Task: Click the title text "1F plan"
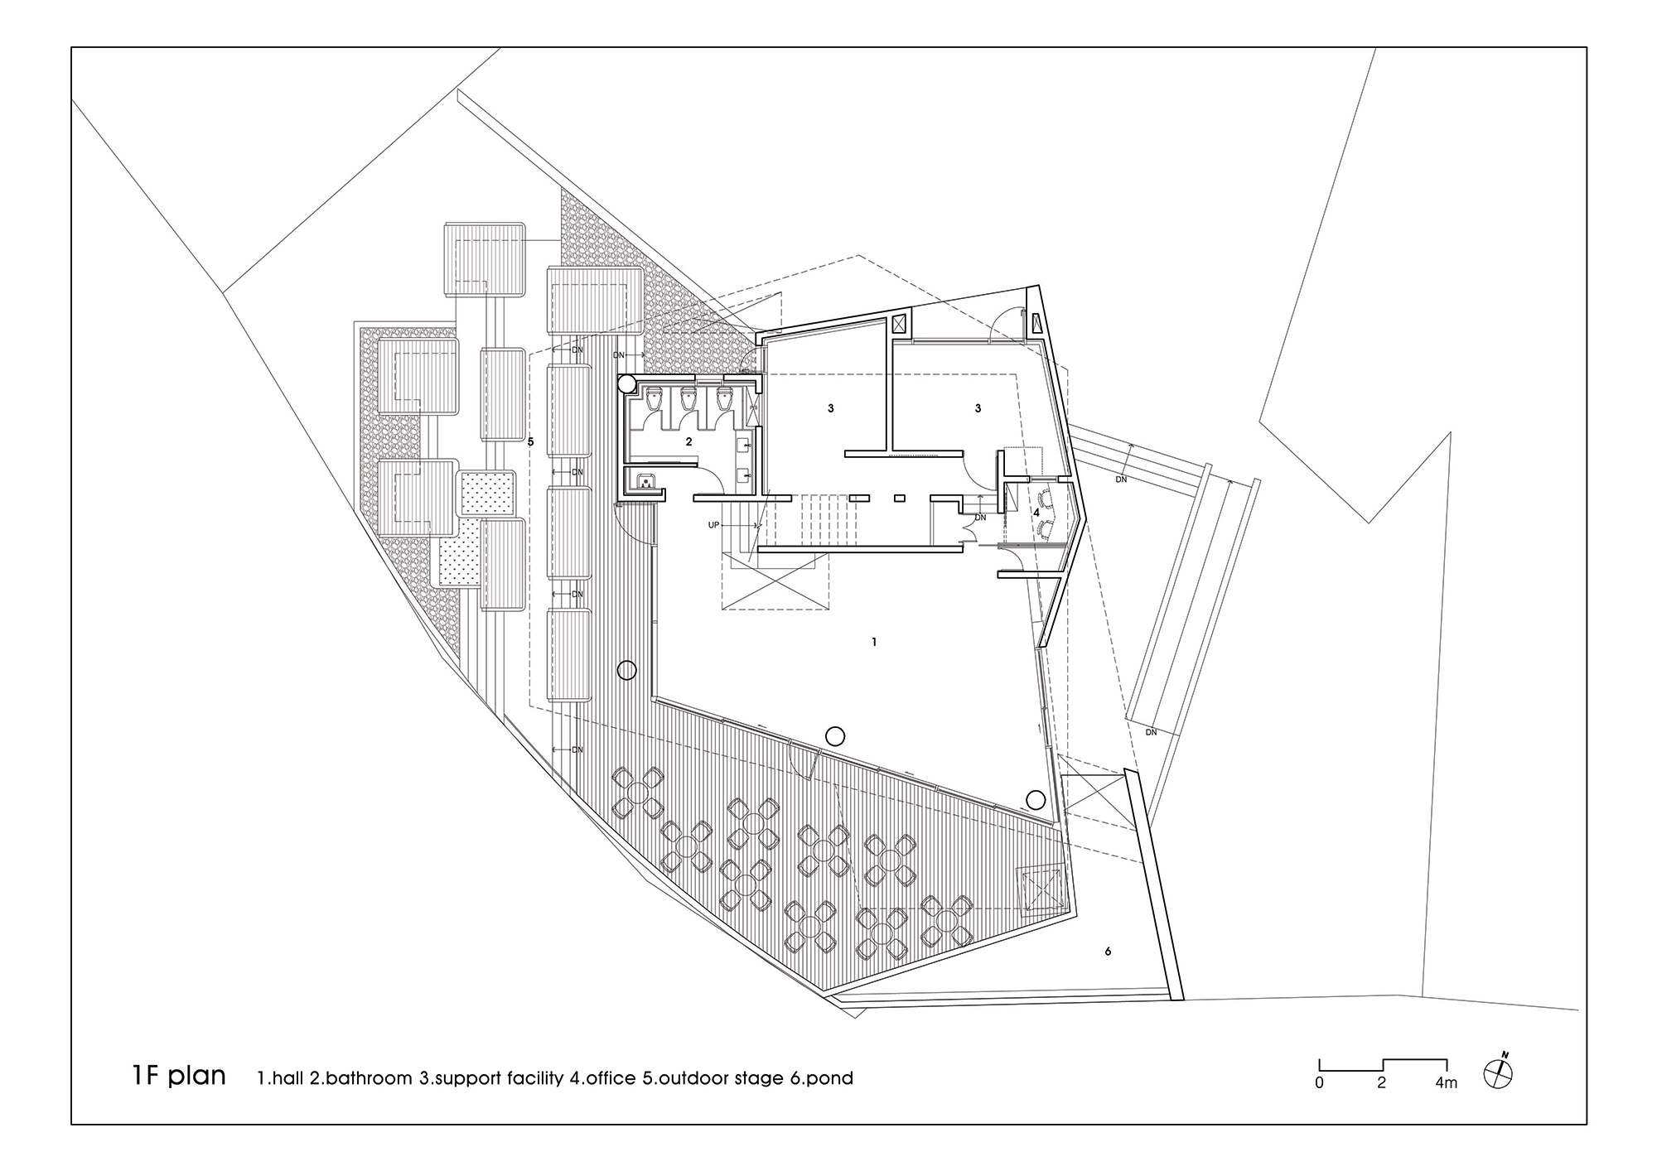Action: [178, 1076]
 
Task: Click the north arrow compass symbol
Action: [1500, 1072]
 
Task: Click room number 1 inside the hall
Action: [874, 642]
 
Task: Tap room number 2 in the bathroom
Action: [688, 443]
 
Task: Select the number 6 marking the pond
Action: [1108, 952]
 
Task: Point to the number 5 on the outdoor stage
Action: [530, 442]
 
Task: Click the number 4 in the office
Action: [1036, 513]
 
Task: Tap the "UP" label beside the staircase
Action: [713, 526]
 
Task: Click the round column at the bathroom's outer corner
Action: [627, 383]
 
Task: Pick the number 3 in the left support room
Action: [830, 408]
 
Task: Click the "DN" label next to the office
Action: [981, 518]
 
